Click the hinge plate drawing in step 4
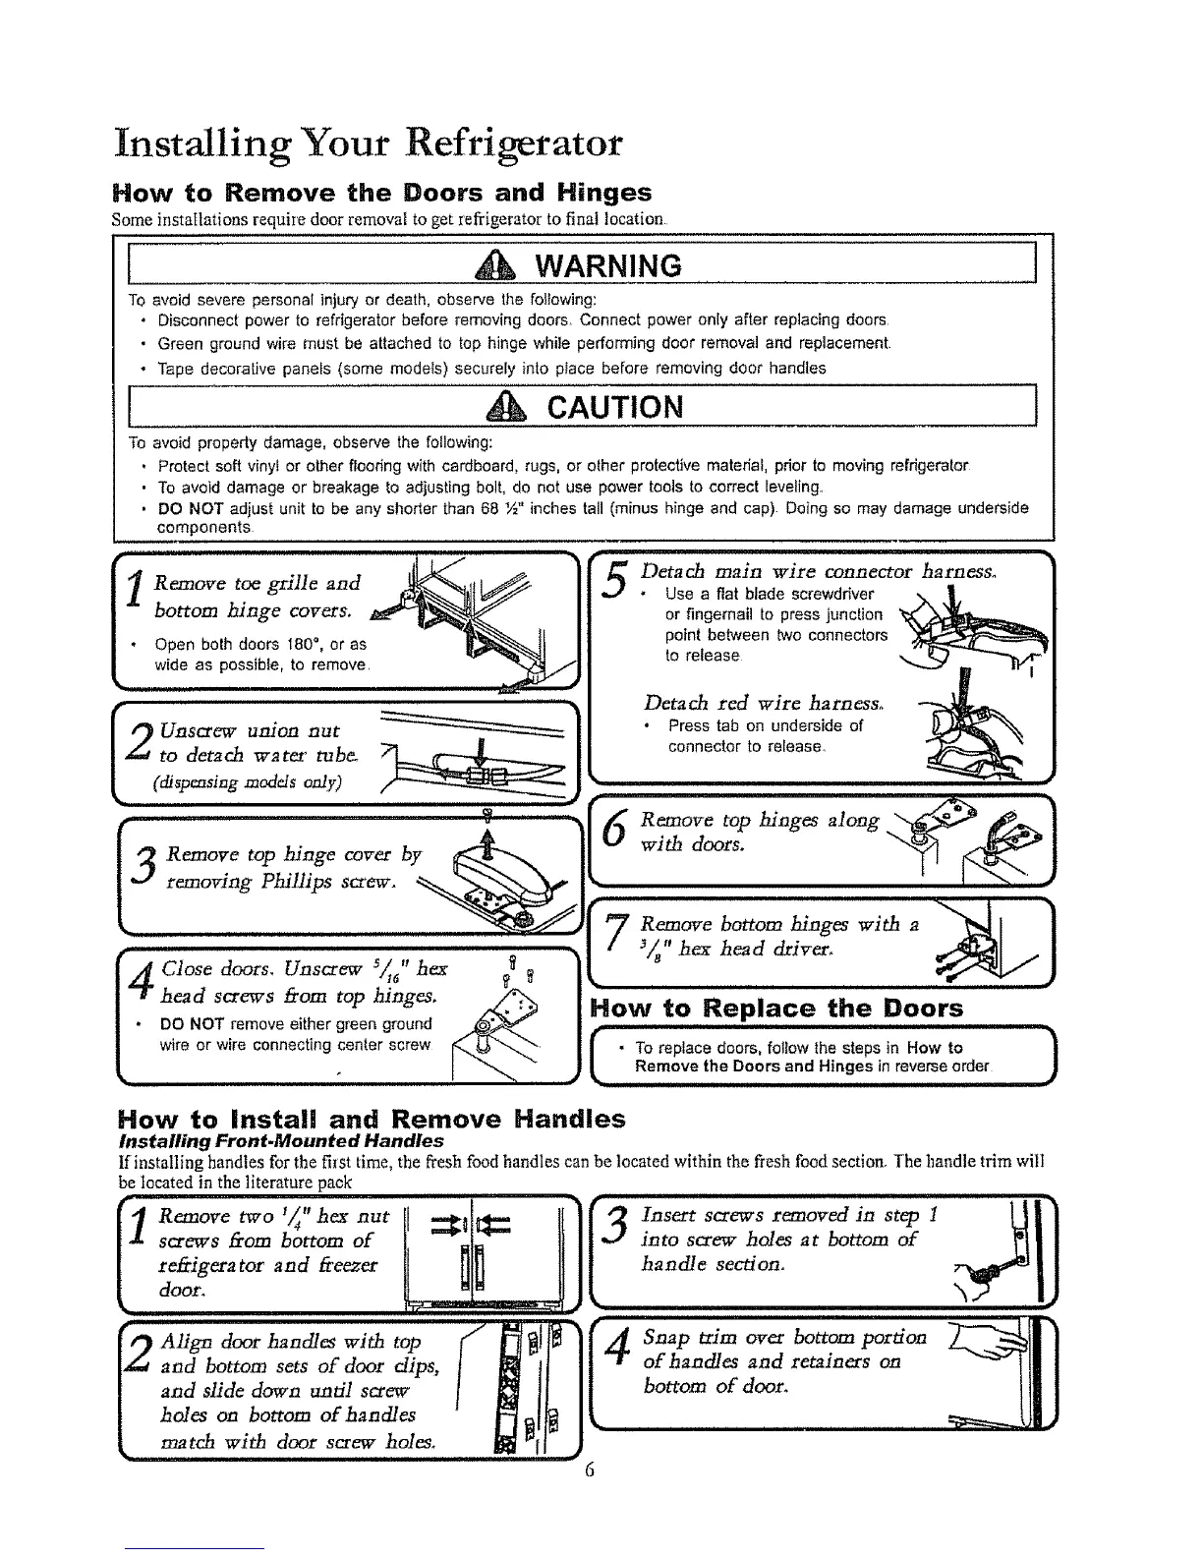pyautogui.click(x=511, y=1016)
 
